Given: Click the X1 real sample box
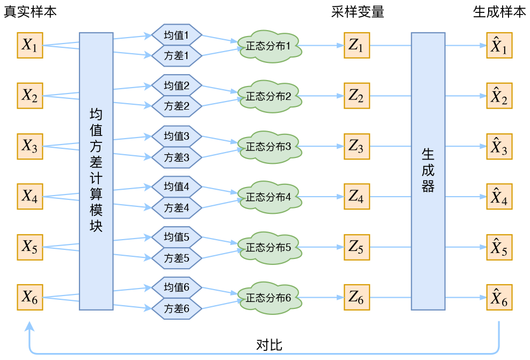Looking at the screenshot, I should (x=30, y=46).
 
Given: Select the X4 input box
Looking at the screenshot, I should (x=30, y=197).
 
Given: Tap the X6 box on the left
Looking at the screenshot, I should (x=30, y=297).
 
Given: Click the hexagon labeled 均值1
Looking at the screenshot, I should (x=176, y=35).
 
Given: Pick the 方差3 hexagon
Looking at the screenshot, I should (x=176, y=157).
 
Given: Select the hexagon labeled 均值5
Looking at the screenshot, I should (x=176, y=237).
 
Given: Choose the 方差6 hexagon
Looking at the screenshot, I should (x=176, y=309).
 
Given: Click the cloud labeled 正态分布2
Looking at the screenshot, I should (x=269, y=97).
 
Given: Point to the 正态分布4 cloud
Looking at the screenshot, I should (x=269, y=197).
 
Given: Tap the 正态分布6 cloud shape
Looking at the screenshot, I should (x=269, y=297).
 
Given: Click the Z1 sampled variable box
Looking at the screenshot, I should (x=356, y=46).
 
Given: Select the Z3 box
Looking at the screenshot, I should (x=356, y=146).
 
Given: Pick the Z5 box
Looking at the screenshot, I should (x=356, y=247).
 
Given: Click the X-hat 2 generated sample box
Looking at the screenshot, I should (x=499, y=96).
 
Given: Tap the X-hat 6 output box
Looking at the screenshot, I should (x=499, y=297).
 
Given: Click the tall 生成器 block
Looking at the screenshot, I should (x=428, y=171).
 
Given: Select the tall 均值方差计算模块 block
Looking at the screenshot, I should (x=96, y=171).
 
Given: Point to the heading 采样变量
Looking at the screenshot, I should (x=358, y=12).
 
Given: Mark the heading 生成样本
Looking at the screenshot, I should (x=499, y=12).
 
